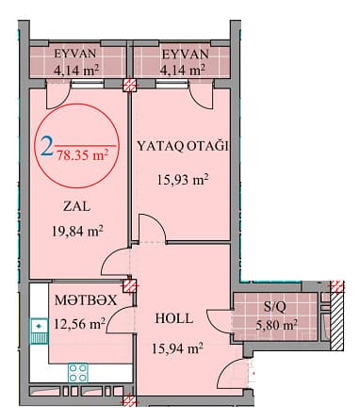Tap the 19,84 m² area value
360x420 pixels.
click(x=78, y=228)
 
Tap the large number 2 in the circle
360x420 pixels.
click(x=46, y=147)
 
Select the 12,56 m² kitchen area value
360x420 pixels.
click(x=79, y=325)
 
